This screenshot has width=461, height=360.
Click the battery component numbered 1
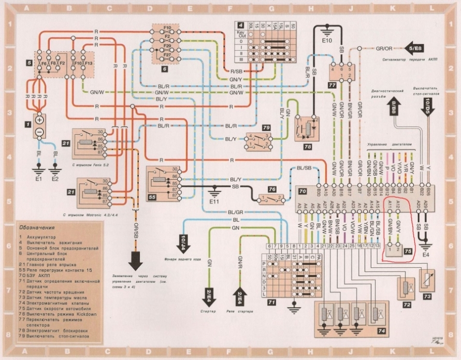point(39,126)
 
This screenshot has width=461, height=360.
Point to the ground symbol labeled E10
point(327,31)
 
